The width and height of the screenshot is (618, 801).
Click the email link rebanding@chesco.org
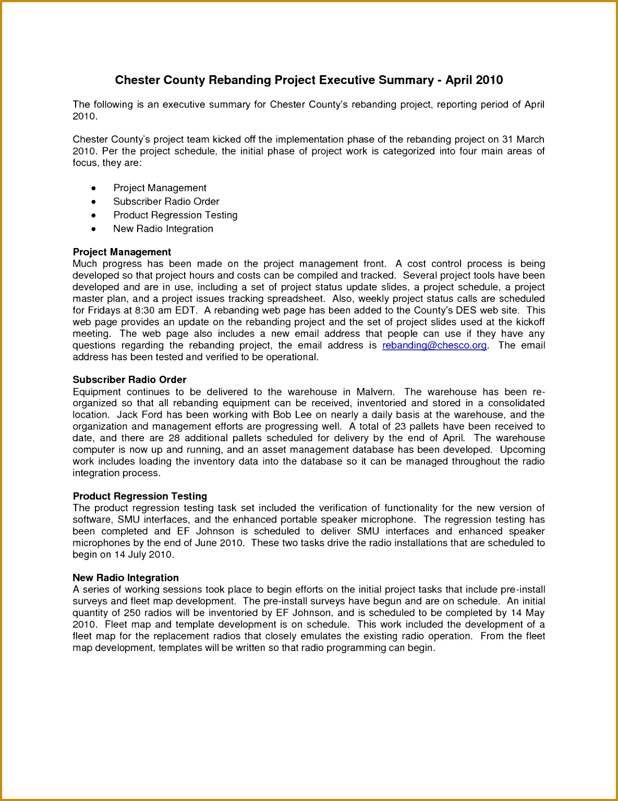(x=434, y=345)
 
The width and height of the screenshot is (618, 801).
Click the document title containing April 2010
(x=309, y=80)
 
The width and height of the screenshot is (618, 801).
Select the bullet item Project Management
(x=160, y=188)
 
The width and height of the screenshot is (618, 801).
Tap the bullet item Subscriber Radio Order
(x=166, y=202)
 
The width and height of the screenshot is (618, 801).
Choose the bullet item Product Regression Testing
(x=175, y=215)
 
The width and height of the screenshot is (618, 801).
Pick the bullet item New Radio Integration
(x=163, y=229)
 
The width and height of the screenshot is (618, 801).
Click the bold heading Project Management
(x=122, y=252)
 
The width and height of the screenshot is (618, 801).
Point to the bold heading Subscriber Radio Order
(x=129, y=380)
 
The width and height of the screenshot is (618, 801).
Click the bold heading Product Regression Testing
(x=140, y=496)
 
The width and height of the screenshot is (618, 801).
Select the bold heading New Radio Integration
(x=126, y=578)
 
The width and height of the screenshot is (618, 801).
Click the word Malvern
(x=375, y=392)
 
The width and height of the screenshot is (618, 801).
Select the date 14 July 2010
(x=143, y=555)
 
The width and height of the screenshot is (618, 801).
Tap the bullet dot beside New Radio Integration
(x=93, y=229)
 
